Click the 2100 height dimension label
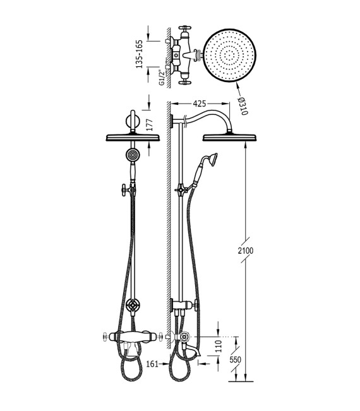(246, 251)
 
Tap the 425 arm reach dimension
(200, 104)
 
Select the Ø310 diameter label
(243, 106)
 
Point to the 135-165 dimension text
(139, 54)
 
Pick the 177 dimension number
(149, 125)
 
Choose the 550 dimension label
(235, 359)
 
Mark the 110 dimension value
(219, 346)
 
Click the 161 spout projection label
(152, 364)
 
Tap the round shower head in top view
(230, 56)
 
